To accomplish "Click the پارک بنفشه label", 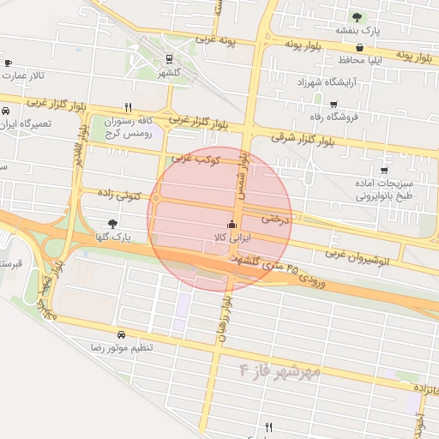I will click(x=357, y=30).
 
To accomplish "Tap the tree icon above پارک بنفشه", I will click(x=357, y=16).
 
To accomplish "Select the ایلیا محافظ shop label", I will click(x=368, y=60).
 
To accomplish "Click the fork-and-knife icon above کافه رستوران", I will click(x=129, y=108).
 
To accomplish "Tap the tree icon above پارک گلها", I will click(x=113, y=224).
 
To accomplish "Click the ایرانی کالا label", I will click(x=229, y=237).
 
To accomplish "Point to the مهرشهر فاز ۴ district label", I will click(x=280, y=370).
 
